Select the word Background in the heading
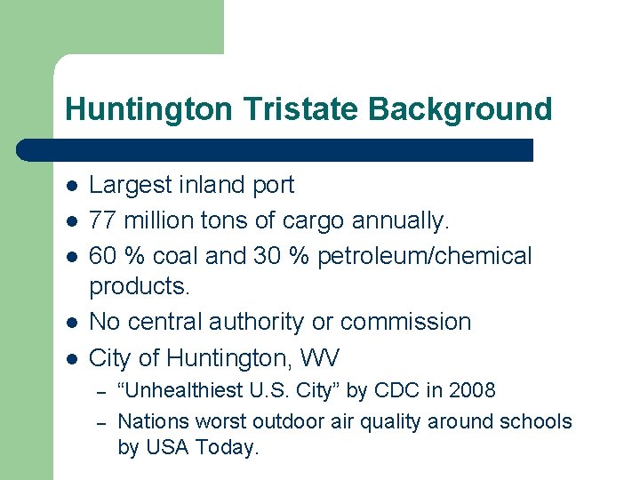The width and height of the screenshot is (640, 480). (x=460, y=110)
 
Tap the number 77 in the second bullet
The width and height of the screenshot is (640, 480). (x=104, y=220)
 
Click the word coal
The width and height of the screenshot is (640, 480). (x=176, y=256)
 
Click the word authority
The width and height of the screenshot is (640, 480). (x=243, y=322)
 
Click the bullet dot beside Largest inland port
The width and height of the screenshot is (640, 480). (x=71, y=186)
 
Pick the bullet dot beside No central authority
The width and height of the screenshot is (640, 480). (x=71, y=323)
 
